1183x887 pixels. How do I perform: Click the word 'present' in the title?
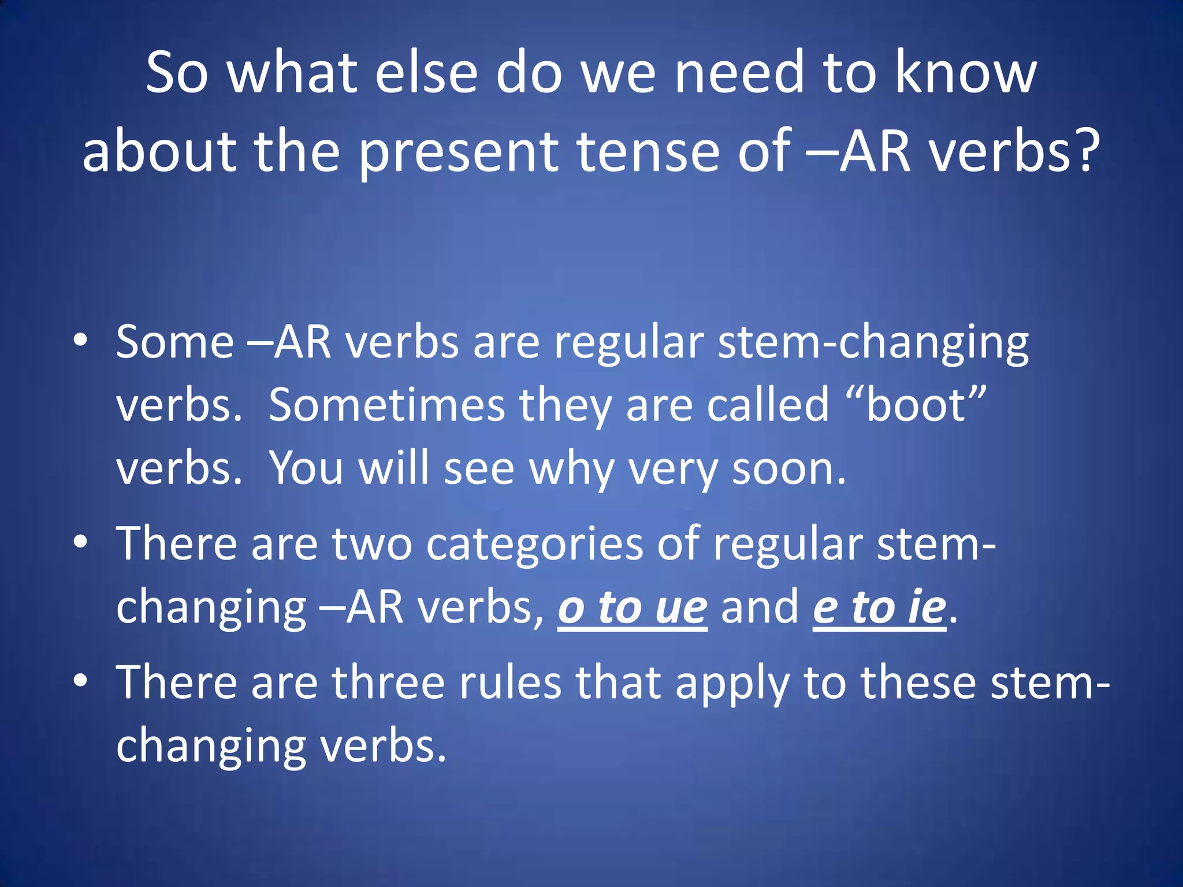pos(458,151)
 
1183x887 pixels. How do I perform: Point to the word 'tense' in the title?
pos(649,151)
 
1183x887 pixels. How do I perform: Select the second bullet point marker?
pos(80,542)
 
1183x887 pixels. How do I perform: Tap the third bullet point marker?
pos(80,681)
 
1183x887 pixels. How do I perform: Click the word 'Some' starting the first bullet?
pos(175,342)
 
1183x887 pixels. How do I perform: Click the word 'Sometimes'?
pos(386,405)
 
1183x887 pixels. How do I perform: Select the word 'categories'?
pos(534,544)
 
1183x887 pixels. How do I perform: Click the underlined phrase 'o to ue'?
pos(633,608)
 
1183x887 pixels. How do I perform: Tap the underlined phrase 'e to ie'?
pos(879,608)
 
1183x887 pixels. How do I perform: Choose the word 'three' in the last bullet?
pos(388,683)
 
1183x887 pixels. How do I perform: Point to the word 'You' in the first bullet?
pos(307,468)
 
